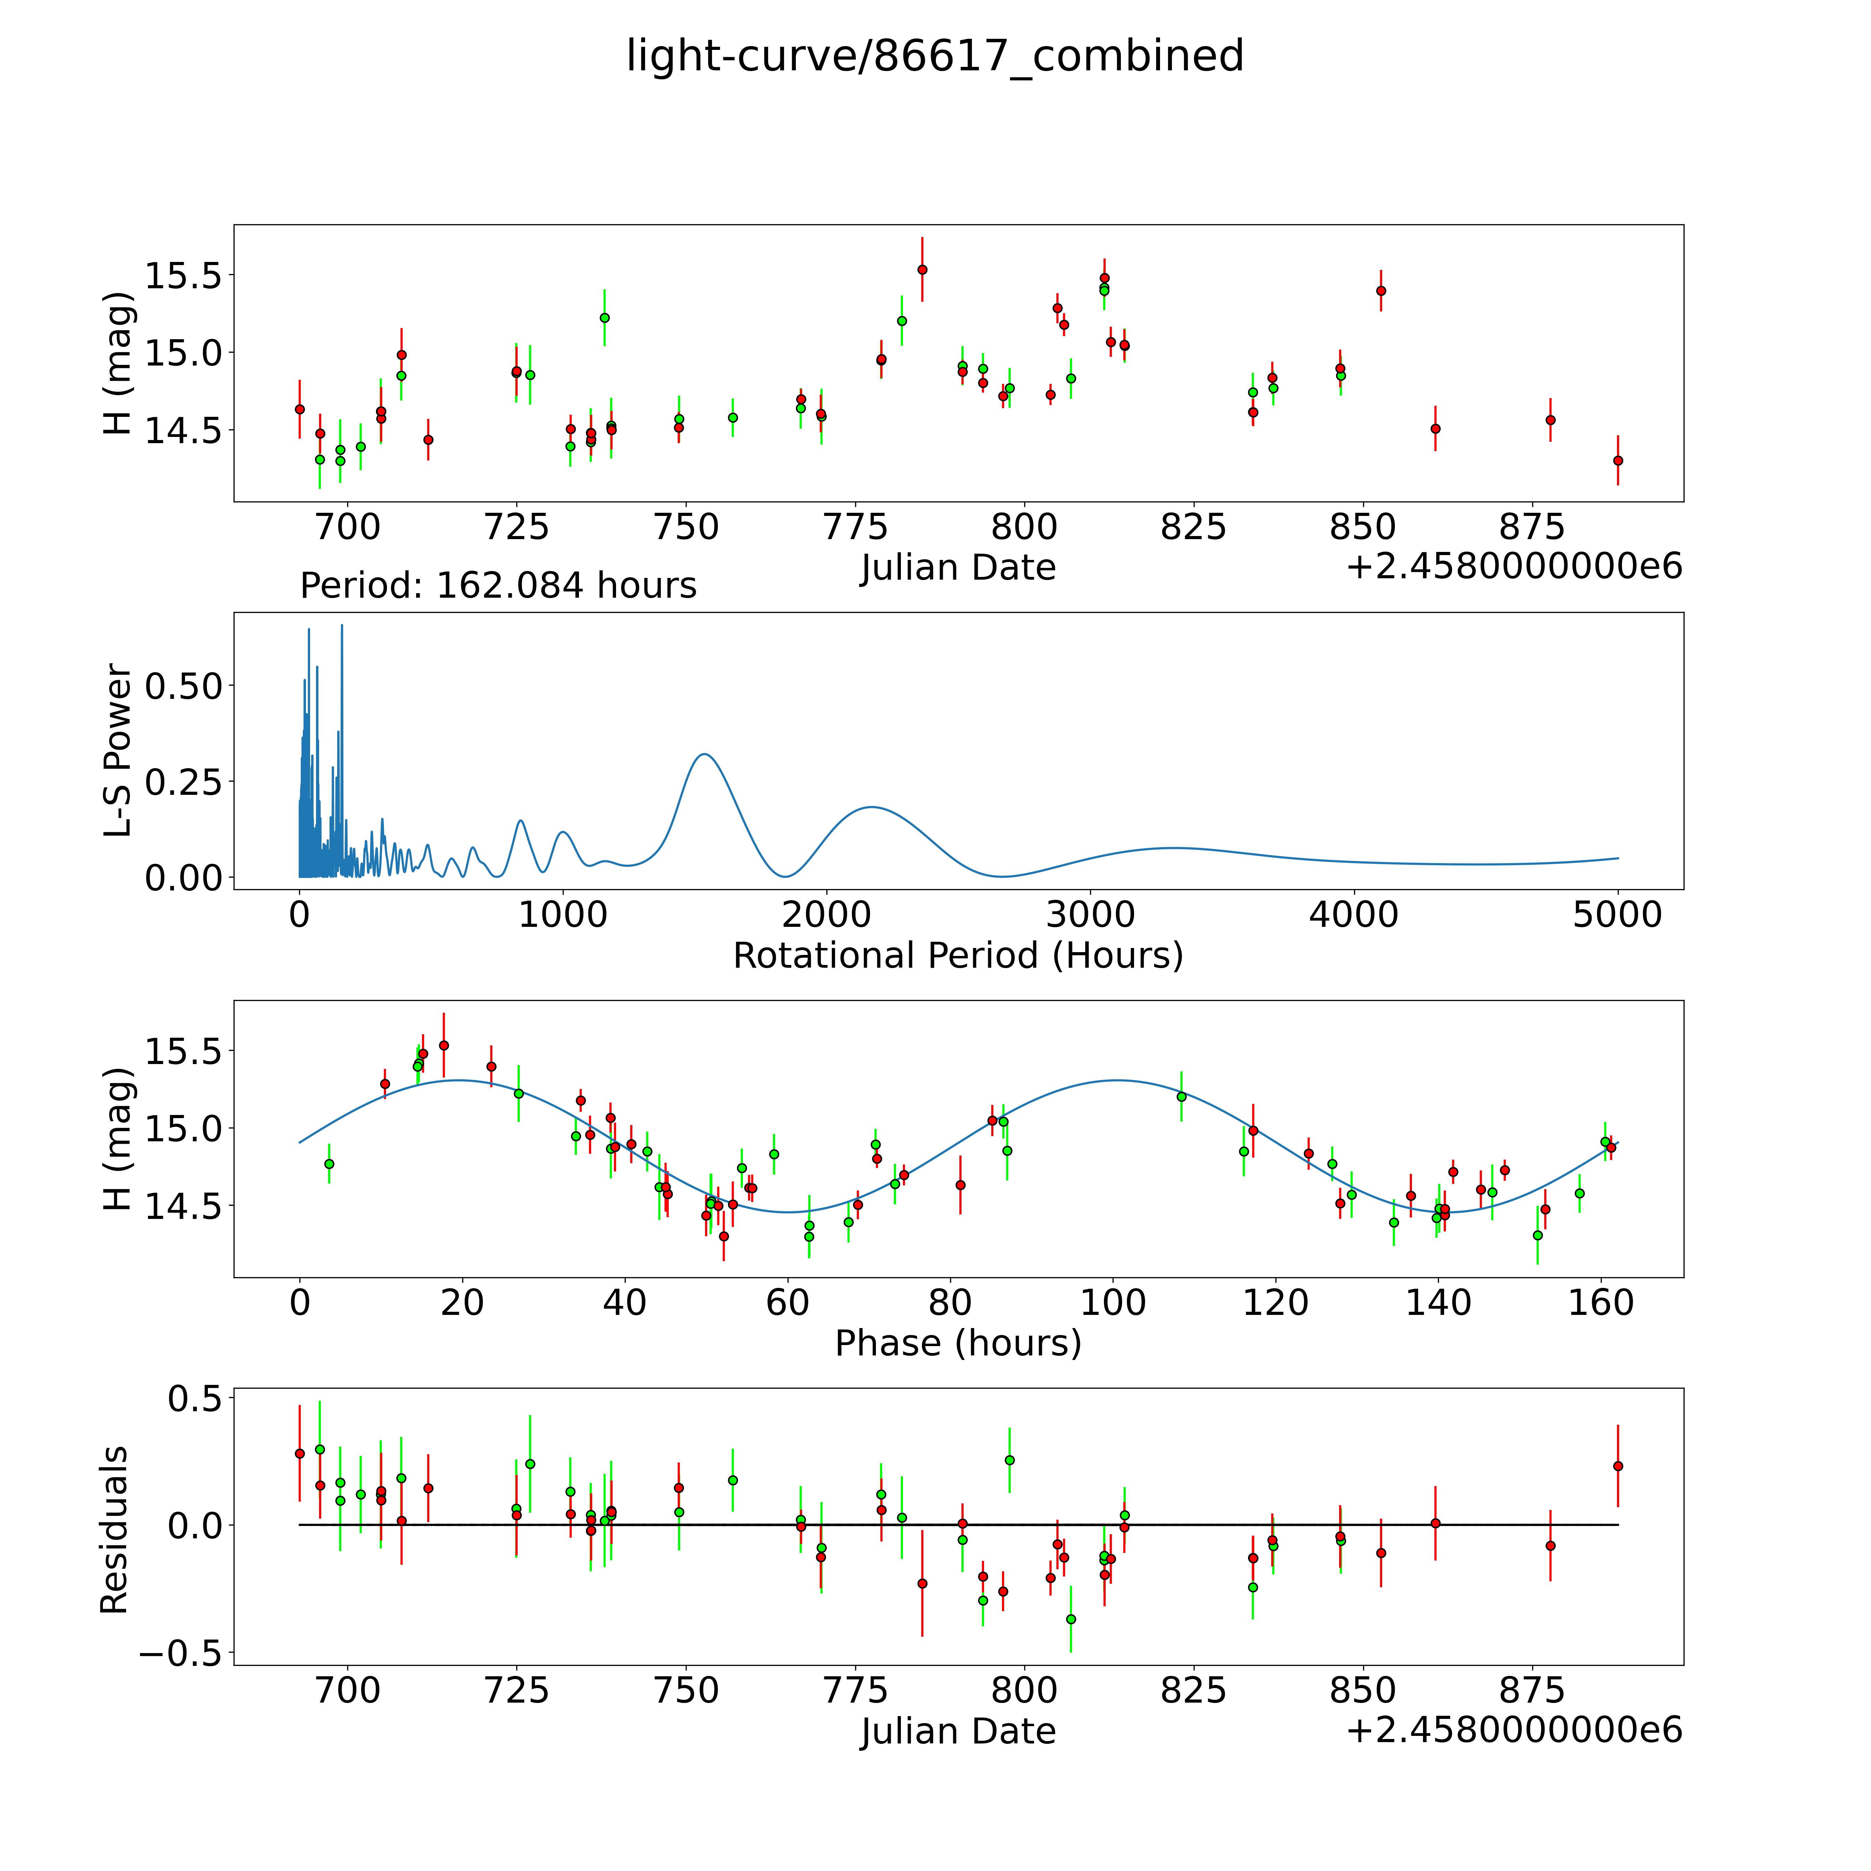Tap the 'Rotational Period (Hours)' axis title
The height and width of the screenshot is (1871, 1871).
pyautogui.click(x=958, y=956)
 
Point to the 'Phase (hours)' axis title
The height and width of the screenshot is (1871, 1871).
pyautogui.click(x=958, y=1343)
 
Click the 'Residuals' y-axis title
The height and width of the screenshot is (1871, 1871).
pyautogui.click(x=114, y=1530)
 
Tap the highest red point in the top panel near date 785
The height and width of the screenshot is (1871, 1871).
pyautogui.click(x=922, y=269)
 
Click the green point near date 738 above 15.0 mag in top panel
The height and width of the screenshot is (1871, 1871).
pyautogui.click(x=604, y=318)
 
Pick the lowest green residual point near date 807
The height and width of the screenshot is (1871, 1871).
pyautogui.click(x=1070, y=1619)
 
